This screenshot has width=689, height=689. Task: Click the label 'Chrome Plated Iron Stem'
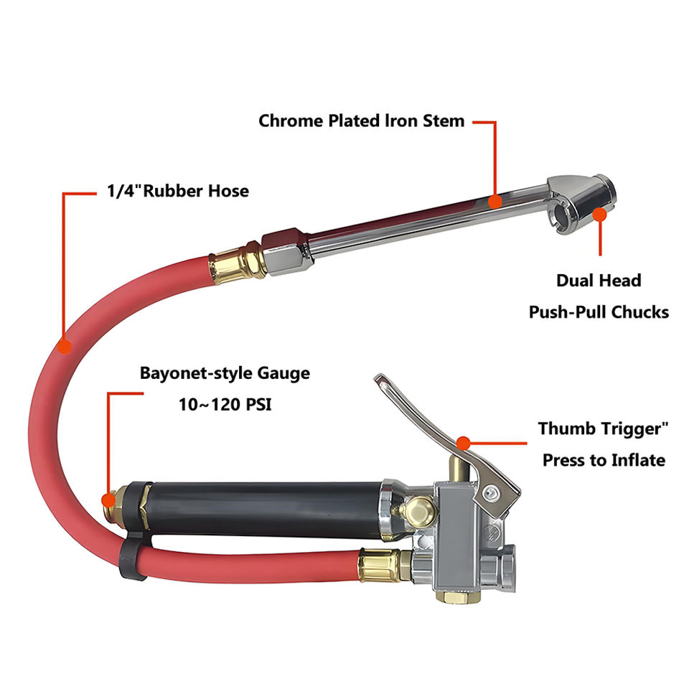[361, 121]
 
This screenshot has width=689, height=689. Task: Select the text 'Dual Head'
[599, 280]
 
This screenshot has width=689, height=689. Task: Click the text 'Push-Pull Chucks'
[599, 311]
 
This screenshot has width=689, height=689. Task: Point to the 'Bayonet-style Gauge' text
[225, 373]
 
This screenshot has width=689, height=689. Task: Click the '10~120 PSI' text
[225, 404]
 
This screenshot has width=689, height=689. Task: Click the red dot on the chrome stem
[494, 202]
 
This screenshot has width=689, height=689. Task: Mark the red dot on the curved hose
[65, 347]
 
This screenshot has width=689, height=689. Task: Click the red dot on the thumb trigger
[463, 442]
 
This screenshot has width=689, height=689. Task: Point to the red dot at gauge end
[108, 499]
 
